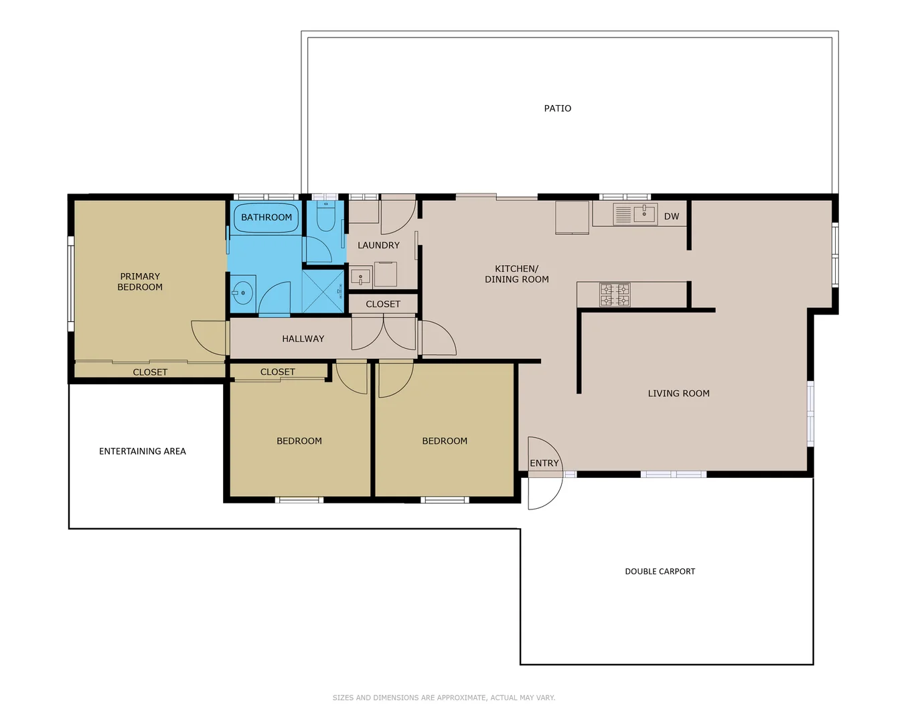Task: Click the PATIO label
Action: (x=557, y=108)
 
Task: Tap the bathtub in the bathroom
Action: (x=266, y=218)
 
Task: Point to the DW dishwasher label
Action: (x=671, y=216)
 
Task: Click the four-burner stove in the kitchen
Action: (x=614, y=295)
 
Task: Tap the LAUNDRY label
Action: (x=378, y=246)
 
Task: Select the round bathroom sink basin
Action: (x=242, y=293)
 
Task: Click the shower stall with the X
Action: (x=323, y=291)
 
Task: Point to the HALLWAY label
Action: (x=303, y=339)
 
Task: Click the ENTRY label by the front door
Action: (x=544, y=463)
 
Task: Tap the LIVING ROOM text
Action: (x=678, y=394)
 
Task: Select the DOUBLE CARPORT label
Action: (x=660, y=572)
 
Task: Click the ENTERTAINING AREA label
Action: (x=143, y=451)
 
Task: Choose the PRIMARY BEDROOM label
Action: (x=140, y=282)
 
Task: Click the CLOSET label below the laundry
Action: (x=383, y=304)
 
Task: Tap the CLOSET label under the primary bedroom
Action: (x=150, y=372)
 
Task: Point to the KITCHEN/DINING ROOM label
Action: (x=516, y=274)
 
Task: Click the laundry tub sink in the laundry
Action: (x=360, y=276)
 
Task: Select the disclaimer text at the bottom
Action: (x=443, y=698)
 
